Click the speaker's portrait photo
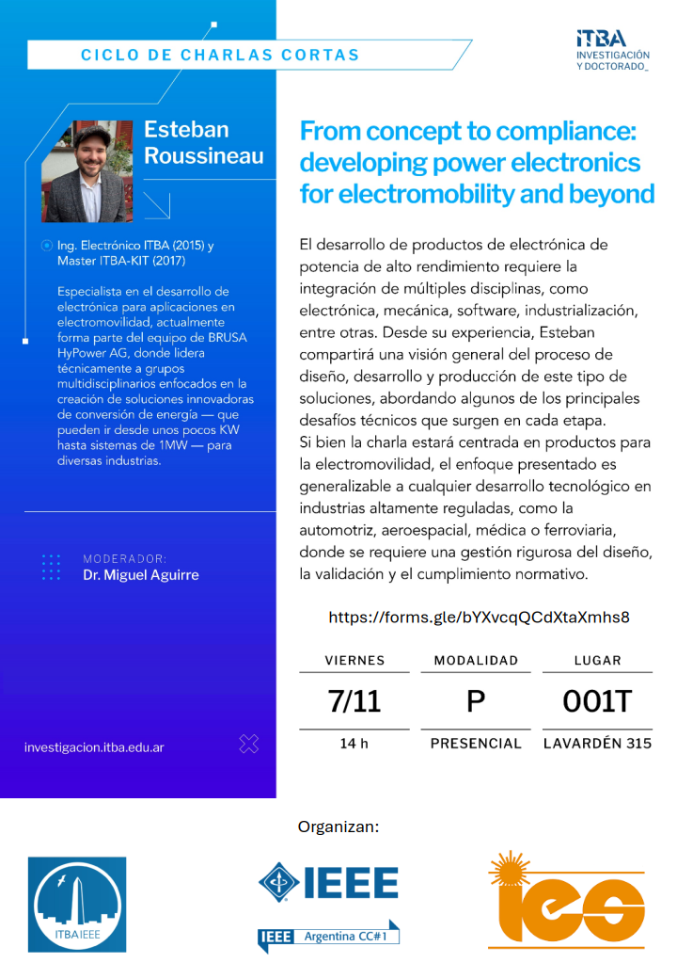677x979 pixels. (x=87, y=170)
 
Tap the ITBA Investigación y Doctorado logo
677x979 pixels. (x=612, y=50)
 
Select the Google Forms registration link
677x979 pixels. (x=479, y=618)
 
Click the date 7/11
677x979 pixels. (x=354, y=700)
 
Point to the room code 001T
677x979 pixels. (x=597, y=700)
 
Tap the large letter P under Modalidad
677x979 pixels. (x=476, y=701)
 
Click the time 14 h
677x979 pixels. (x=354, y=744)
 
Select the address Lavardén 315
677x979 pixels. (x=597, y=744)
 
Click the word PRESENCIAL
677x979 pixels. (x=476, y=744)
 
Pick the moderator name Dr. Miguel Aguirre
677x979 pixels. (x=141, y=575)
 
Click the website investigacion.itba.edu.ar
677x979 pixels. (x=94, y=747)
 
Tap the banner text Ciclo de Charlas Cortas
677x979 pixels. (x=220, y=55)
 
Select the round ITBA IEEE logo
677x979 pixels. (x=77, y=904)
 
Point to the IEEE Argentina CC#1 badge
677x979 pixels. (x=329, y=937)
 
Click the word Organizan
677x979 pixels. (x=338, y=827)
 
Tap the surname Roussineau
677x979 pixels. (x=204, y=155)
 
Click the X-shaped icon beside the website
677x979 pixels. (x=248, y=745)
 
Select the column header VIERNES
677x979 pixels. (x=354, y=661)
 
